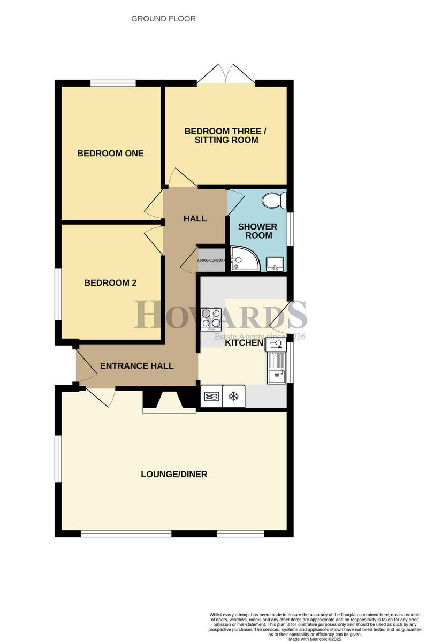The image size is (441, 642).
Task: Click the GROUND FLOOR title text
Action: [163, 19]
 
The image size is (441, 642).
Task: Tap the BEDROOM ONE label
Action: [110, 154]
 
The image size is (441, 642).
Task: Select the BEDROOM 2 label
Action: [110, 283]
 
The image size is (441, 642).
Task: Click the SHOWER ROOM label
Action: [257, 231]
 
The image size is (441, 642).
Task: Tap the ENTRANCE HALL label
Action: [136, 366]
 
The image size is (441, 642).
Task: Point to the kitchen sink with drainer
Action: [277, 368]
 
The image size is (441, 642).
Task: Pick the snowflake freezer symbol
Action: [233, 396]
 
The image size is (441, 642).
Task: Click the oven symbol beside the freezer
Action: [211, 396]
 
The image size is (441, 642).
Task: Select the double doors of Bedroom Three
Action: [225, 75]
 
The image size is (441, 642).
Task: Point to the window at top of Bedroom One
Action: [113, 83]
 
